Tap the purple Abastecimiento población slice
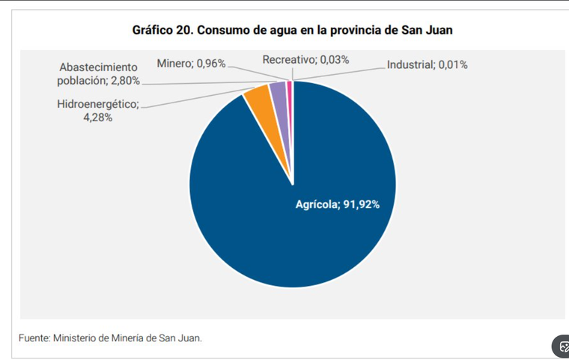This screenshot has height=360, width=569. (x=278, y=91)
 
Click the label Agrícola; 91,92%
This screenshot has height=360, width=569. (x=338, y=204)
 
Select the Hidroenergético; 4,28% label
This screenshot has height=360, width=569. (x=98, y=111)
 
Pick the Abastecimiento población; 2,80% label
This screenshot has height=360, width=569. (x=99, y=74)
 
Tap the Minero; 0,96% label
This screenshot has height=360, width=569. (x=191, y=63)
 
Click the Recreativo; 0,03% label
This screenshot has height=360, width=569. (x=305, y=60)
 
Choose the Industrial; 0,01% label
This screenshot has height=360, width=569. (x=427, y=65)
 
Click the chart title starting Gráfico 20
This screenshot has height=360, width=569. (x=292, y=31)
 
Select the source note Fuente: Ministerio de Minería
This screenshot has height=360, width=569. (x=110, y=338)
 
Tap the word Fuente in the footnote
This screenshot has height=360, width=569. (x=34, y=338)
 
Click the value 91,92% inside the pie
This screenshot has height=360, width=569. (x=361, y=204)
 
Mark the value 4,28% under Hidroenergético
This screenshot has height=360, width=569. (x=98, y=118)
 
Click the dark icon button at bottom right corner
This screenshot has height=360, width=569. (x=562, y=347)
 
